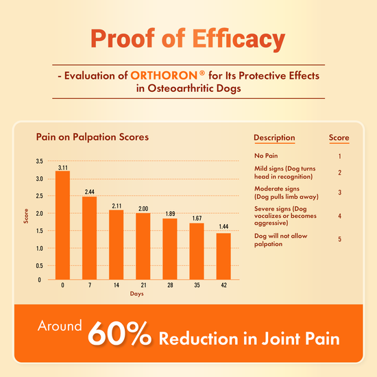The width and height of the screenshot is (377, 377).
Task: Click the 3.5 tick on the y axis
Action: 40,162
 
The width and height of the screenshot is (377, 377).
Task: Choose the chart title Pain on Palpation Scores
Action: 92,137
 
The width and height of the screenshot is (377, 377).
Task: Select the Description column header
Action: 274,138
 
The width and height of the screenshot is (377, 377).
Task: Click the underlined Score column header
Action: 339,138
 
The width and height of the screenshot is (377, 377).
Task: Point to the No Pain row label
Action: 265,156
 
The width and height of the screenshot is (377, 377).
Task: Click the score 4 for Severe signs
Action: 339,216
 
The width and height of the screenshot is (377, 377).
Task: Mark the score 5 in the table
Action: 339,239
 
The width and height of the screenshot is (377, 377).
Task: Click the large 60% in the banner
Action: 120,336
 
